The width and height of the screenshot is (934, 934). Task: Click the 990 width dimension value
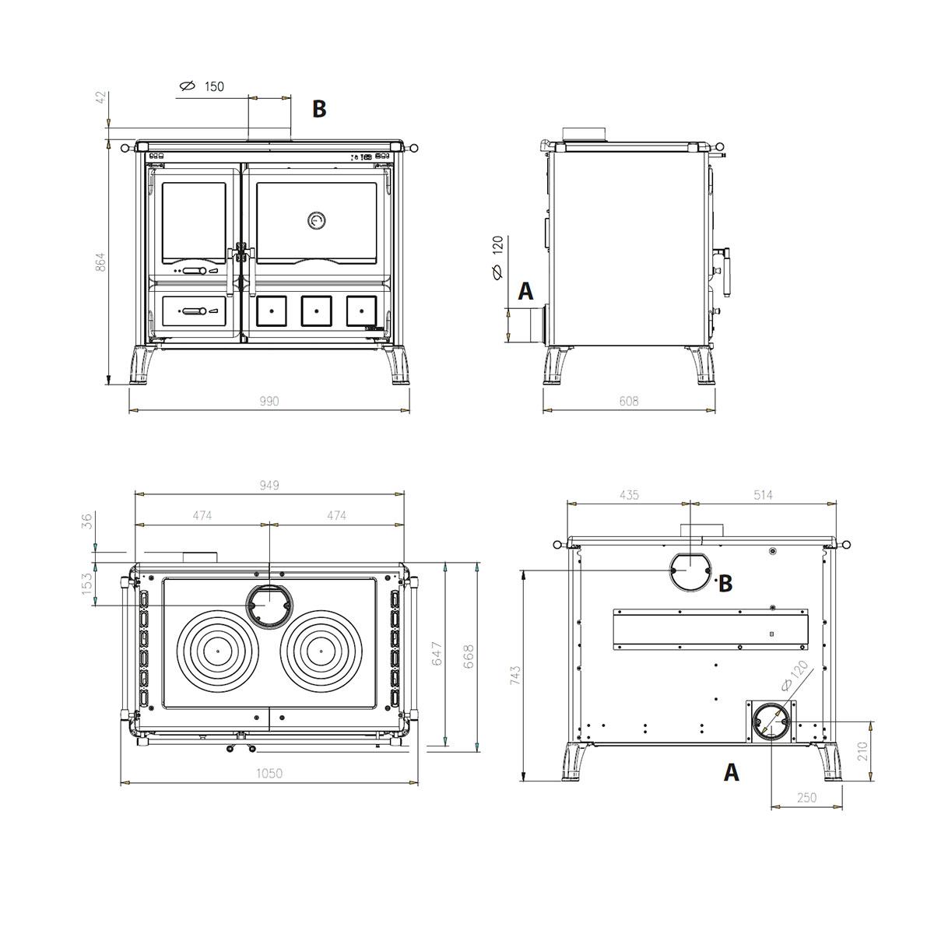(x=269, y=401)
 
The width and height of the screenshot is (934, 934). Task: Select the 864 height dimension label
(x=100, y=262)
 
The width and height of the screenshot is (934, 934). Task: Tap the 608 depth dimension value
(x=629, y=401)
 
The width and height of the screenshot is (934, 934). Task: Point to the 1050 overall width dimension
(x=269, y=773)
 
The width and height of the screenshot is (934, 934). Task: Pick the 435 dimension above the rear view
(x=629, y=495)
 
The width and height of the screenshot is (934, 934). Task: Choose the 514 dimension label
(x=763, y=495)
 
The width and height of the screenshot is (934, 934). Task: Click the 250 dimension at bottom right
(x=806, y=797)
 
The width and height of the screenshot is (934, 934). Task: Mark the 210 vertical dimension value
(x=862, y=751)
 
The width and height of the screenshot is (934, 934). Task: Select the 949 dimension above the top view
(x=269, y=485)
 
